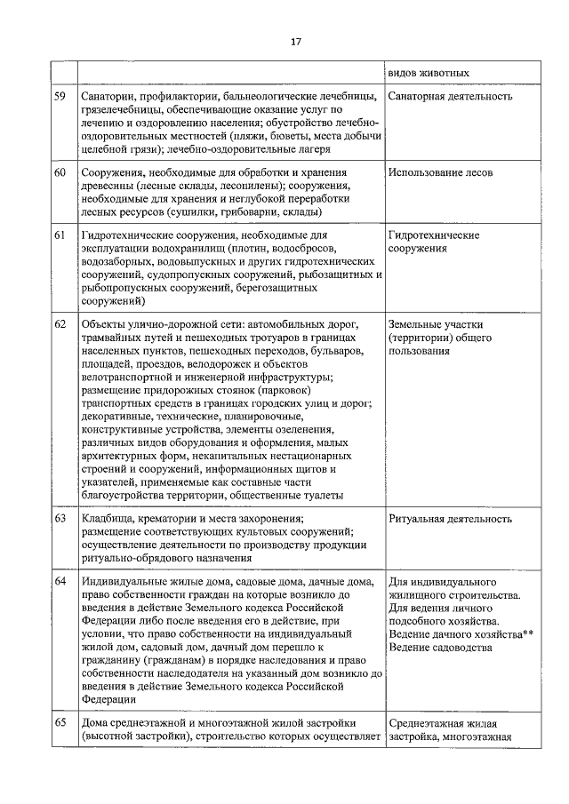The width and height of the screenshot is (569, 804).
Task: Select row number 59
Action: pos(60,96)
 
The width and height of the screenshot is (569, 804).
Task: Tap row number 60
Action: pos(60,172)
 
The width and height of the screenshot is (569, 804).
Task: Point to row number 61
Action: pos(60,235)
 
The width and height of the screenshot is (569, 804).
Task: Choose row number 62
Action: pos(60,323)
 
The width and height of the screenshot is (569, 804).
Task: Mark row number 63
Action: pos(60,518)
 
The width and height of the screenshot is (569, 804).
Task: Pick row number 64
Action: pos(60,581)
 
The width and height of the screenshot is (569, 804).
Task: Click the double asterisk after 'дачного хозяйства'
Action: pos(528,633)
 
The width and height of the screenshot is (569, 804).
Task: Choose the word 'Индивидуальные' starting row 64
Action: pos(123,581)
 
